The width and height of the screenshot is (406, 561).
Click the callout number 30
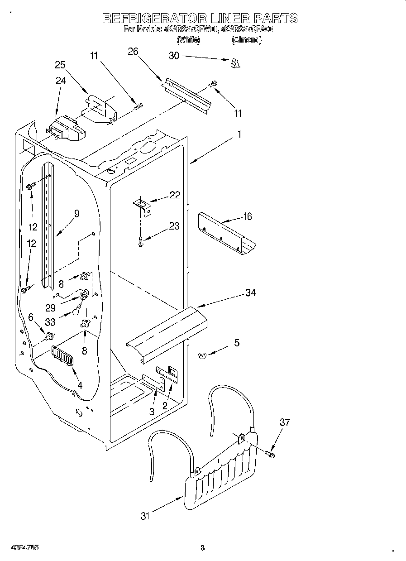pos(174,56)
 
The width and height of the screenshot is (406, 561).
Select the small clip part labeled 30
pos(234,63)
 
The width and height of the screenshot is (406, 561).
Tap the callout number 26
pos(133,51)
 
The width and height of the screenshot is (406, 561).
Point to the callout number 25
pos(60,65)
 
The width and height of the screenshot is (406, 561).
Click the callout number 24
pos(61,81)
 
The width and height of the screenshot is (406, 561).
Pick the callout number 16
pos(248,216)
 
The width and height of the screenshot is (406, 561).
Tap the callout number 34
pos(250,292)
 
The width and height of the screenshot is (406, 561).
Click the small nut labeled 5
pos(202,356)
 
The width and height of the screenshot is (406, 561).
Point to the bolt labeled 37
pos(271,454)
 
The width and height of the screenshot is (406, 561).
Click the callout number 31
pos(144,516)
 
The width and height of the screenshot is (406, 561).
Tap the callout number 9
pos(76,214)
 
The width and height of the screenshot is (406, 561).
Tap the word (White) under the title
pos(188,40)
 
